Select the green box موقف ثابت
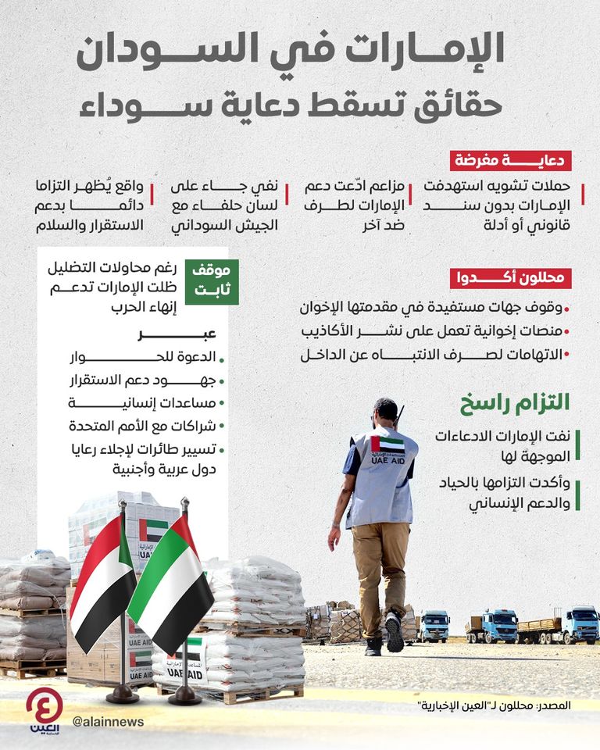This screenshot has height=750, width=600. coord(211,282)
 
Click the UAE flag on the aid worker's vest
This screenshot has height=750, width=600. coord(387,445)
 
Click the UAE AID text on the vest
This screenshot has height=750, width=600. coord(388,461)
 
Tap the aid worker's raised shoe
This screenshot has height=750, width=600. coord(395,633)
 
